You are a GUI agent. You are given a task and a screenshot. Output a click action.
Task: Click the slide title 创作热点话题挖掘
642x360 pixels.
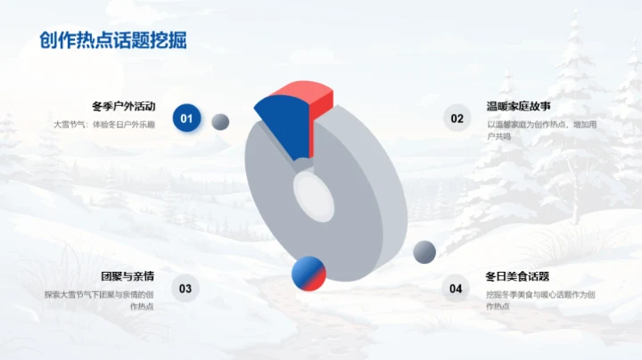113,41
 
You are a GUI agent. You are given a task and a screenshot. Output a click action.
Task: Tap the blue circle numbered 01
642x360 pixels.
186,118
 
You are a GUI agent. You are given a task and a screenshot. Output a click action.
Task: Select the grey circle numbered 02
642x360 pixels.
457,118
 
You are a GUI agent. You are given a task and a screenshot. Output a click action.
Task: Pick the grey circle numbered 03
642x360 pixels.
185,288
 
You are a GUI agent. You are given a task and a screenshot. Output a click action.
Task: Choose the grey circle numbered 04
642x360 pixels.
456,288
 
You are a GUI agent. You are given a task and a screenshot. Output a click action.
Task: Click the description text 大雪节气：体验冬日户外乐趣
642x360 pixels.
111,124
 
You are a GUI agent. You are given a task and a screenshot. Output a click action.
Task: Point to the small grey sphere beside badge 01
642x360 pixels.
220,121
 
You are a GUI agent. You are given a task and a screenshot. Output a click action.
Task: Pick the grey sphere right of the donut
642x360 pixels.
424,251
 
